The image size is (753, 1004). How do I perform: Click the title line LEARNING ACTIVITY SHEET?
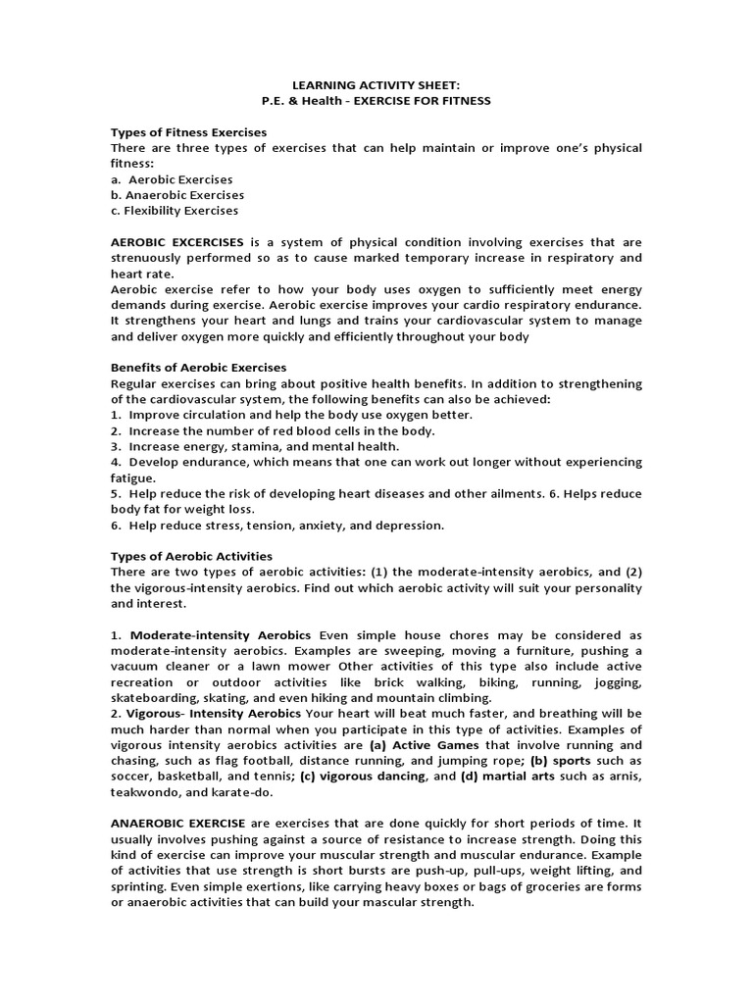376,86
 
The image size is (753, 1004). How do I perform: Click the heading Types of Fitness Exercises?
189,131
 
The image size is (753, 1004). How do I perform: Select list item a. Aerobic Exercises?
172,179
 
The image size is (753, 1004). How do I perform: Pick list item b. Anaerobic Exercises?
177,195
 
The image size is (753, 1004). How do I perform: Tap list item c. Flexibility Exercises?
175,211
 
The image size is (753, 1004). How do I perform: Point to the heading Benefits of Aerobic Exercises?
199,368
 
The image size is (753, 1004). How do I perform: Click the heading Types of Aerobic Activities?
192,556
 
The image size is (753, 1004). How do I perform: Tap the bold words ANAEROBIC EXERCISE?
181,823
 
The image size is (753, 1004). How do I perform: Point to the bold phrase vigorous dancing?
376,776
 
